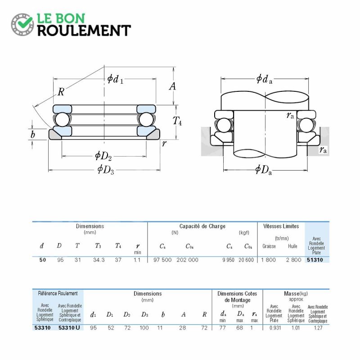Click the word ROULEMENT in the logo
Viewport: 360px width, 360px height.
tap(84, 31)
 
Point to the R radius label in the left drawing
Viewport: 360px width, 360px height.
tap(61, 92)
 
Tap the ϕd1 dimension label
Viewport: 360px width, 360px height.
tap(115, 79)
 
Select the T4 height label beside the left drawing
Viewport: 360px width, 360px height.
tap(177, 121)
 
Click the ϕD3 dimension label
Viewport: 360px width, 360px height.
tap(106, 170)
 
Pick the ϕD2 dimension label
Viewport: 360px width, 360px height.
tap(103, 156)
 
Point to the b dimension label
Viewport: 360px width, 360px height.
tap(32, 135)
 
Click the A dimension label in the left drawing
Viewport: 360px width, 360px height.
tap(172, 86)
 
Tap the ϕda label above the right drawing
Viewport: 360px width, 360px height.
tap(264, 79)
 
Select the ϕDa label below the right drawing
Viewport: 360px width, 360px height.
tap(264, 170)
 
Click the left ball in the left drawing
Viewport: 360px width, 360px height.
tap(62, 119)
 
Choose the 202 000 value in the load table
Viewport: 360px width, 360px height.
tap(187, 260)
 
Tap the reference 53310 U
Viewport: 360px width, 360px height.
tap(69, 328)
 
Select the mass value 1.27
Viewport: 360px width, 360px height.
tap(318, 328)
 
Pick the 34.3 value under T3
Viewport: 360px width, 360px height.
tap(99, 260)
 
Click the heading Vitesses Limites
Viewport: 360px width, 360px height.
tap(281, 226)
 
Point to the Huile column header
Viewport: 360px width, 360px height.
tap(292, 246)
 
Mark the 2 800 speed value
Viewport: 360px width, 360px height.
tap(293, 260)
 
